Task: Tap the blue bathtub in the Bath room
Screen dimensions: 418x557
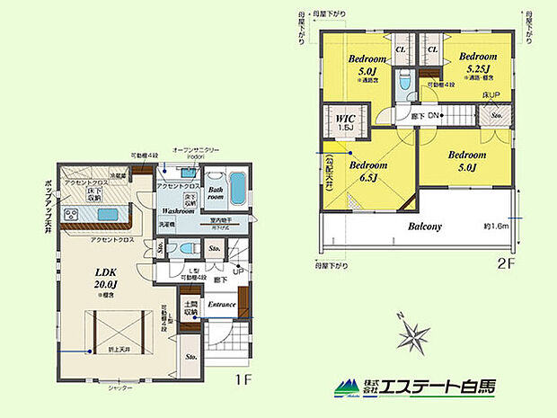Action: pyautogui.click(x=237, y=190)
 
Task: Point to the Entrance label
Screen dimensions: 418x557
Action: pyautogui.click(x=221, y=304)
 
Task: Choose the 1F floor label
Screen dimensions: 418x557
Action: pyautogui.click(x=243, y=379)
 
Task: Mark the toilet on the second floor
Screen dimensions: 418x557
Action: pyautogui.click(x=405, y=84)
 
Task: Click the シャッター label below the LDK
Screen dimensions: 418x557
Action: pyautogui.click(x=120, y=387)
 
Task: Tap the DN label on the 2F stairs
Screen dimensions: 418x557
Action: pyautogui.click(x=432, y=115)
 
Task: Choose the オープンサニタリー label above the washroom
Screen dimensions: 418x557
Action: pyautogui.click(x=196, y=149)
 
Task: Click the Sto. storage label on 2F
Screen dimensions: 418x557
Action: pyautogui.click(x=497, y=115)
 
